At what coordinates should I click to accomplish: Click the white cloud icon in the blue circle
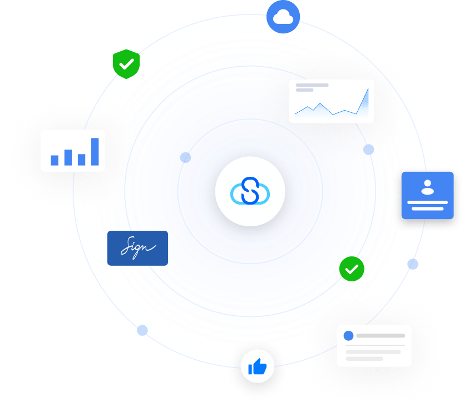pos(283,18)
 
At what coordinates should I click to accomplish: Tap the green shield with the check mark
pos(126,64)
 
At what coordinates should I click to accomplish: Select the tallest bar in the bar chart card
pos(95,151)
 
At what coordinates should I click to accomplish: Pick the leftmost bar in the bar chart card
pos(55,160)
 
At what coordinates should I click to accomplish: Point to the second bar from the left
pos(68,157)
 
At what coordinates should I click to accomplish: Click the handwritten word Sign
pos(137,247)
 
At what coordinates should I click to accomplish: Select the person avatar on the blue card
pos(427,188)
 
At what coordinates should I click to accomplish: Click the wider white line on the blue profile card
pos(427,201)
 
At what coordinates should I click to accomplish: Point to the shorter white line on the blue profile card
pos(427,209)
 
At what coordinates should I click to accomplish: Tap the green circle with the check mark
pos(352,269)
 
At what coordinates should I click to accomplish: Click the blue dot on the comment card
pos(349,336)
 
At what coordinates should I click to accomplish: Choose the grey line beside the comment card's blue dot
pos(381,336)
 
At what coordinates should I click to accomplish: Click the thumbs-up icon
pos(257,366)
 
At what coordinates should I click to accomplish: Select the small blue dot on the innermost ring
pos(186,157)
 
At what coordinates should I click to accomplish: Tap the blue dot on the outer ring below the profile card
pos(412,264)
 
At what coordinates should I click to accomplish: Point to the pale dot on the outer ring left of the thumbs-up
pos(142,330)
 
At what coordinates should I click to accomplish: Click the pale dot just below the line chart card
pos(368,150)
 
